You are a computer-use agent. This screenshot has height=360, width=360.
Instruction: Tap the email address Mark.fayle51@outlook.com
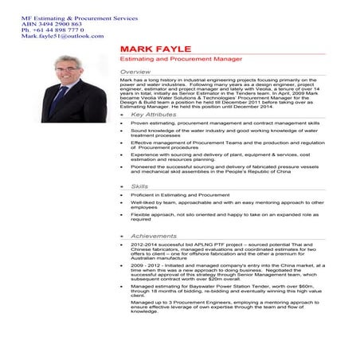point(52,36)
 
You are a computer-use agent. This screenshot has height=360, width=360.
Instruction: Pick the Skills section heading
point(139,186)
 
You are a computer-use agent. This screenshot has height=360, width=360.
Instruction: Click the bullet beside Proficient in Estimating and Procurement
point(121,194)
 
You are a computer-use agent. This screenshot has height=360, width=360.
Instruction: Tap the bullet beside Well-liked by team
point(121,202)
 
